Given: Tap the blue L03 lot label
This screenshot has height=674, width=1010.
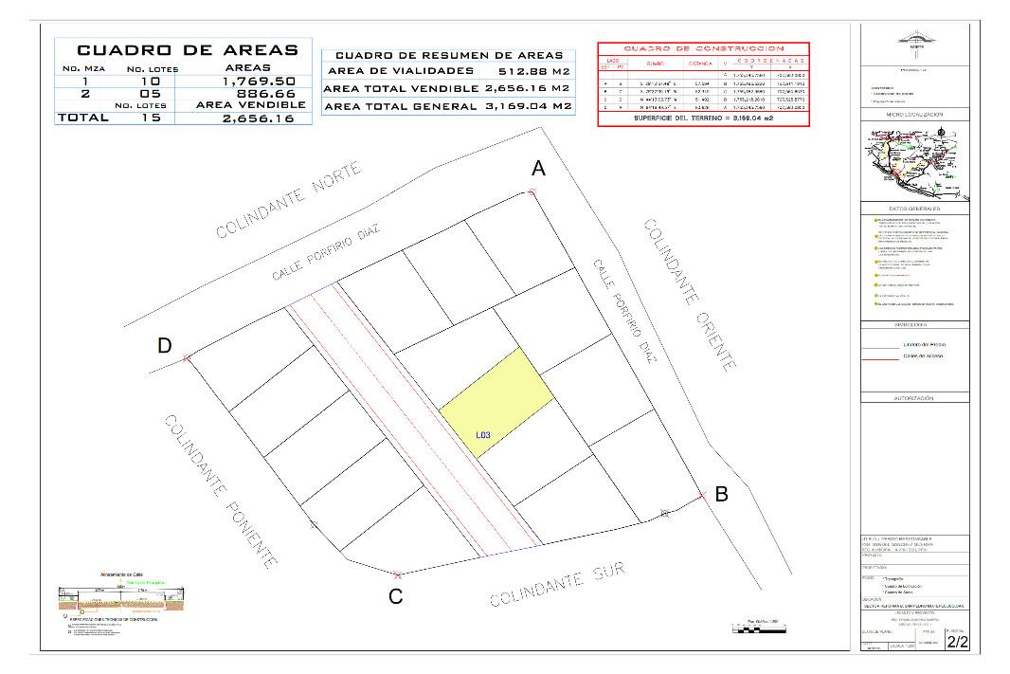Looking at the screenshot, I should (483, 435).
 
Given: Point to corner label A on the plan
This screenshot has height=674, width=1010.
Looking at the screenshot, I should (538, 169).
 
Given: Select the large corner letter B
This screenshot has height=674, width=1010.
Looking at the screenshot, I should (721, 493).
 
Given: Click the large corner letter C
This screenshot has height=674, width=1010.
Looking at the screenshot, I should (396, 596).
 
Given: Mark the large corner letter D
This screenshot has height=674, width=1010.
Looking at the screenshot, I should (165, 347).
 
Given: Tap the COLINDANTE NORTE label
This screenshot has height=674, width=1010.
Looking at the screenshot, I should (289, 200).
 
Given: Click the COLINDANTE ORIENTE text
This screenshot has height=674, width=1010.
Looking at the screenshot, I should (690, 294).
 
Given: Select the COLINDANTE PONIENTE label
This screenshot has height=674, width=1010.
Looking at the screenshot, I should (221, 490).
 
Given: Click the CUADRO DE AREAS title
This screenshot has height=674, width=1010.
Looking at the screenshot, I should (187, 50).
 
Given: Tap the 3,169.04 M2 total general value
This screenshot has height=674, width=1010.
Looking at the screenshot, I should (524, 106).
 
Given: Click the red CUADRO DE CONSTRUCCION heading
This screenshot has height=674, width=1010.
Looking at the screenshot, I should (703, 48).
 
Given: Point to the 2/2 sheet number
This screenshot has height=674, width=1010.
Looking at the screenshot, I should (958, 642).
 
